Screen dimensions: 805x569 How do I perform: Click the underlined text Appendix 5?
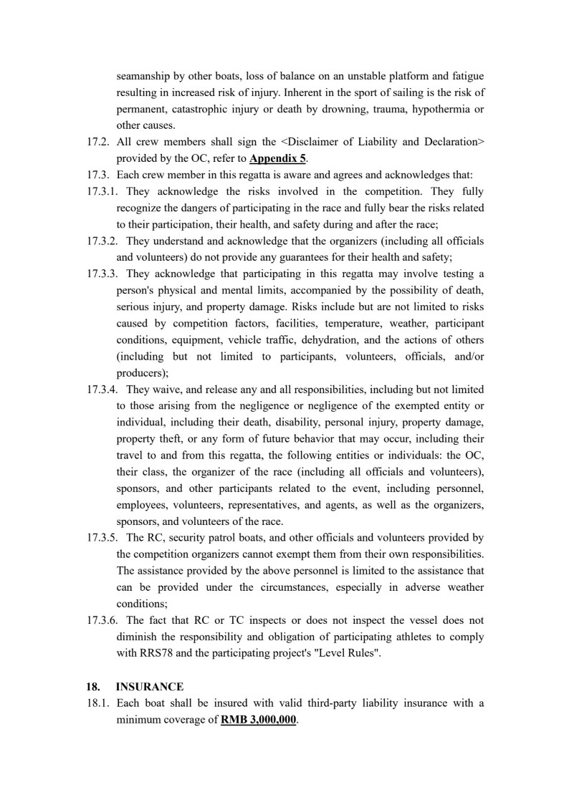coord(278,159)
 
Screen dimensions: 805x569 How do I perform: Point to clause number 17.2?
coord(97,142)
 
